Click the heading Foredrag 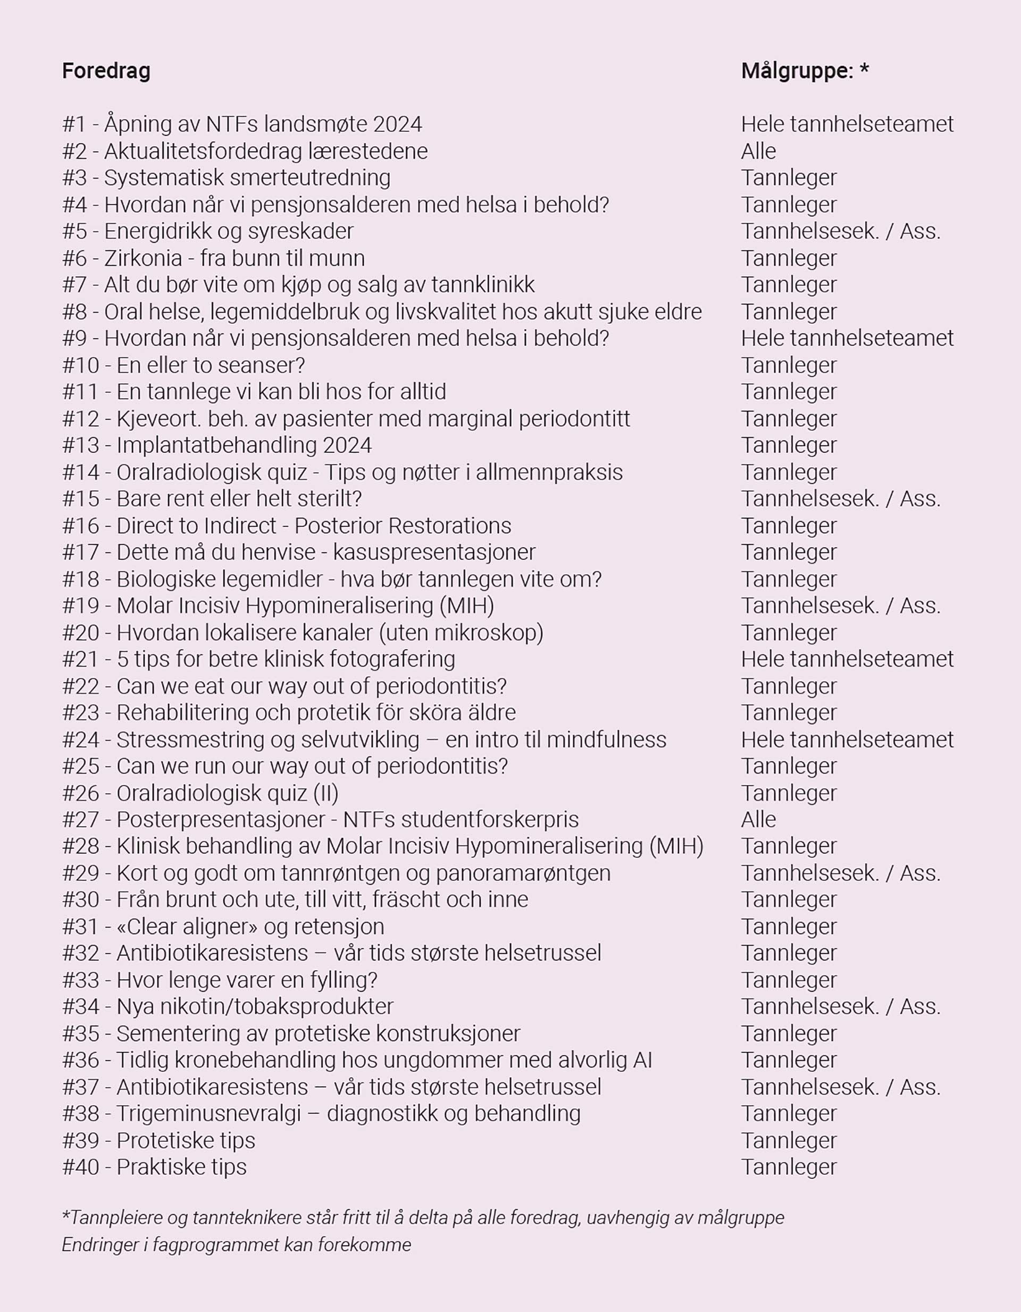(x=106, y=71)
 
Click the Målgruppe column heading (x=805, y=71)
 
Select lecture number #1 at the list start (x=74, y=124)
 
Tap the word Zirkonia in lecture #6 (x=143, y=258)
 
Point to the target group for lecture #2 (x=758, y=152)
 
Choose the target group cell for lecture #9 (x=847, y=338)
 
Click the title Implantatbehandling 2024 (x=244, y=445)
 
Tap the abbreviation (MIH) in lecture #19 (x=466, y=605)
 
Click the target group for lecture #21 (x=847, y=659)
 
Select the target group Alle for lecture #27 (x=758, y=819)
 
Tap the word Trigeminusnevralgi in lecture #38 (x=208, y=1113)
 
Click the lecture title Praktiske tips (x=181, y=1167)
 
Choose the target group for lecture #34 (x=840, y=1006)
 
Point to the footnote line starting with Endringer (x=236, y=1244)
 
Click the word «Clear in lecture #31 (x=151, y=927)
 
